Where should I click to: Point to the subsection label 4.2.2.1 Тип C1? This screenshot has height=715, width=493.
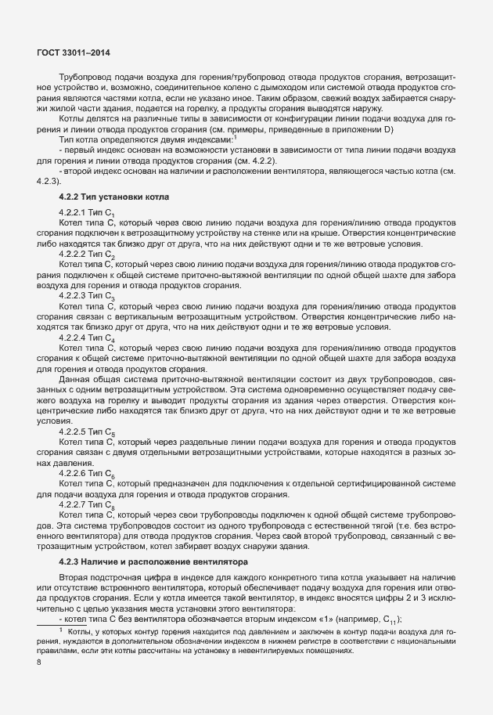pos(87,213)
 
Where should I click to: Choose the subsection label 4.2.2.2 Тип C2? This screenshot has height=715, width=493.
pos(87,255)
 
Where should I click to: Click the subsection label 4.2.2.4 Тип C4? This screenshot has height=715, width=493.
pos(87,337)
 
